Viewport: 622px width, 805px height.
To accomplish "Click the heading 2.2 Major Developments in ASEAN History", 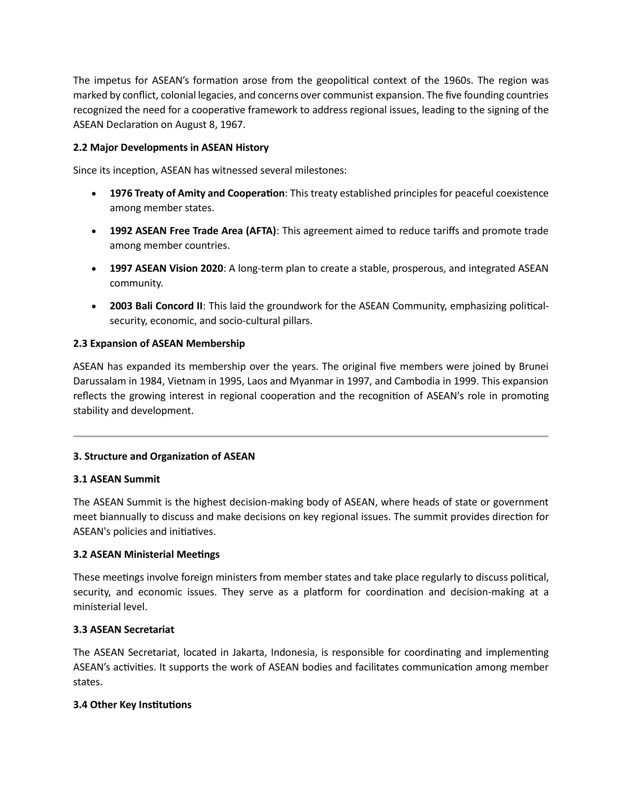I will pos(171,147).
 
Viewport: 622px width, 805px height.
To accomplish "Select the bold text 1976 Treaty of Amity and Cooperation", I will pos(197,193).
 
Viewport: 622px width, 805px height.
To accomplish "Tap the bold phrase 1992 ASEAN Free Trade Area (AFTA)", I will pos(193,231).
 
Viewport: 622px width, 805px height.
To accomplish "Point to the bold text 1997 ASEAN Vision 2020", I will pos(166,268).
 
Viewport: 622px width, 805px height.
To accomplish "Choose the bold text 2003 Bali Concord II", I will pos(156,306).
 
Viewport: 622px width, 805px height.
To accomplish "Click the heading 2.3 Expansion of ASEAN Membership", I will pos(159,344).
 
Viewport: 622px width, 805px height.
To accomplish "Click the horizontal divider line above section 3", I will pos(311,437).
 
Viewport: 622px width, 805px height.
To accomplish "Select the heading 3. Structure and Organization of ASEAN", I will pos(164,456).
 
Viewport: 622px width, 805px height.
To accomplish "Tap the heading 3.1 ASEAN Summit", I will pos(116,479).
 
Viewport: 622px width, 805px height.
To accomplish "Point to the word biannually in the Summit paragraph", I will pos(123,517).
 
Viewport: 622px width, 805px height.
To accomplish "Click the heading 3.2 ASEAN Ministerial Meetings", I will pos(146,554).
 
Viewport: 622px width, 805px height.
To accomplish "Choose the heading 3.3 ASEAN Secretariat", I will pos(123,629).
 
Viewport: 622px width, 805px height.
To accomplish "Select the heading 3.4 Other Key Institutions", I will pos(132,705).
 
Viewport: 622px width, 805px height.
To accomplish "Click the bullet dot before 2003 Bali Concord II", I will pos(94,306).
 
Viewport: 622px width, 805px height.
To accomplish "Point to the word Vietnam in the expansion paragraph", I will pos(182,381).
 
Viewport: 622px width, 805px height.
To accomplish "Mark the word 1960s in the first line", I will pos(457,80).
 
